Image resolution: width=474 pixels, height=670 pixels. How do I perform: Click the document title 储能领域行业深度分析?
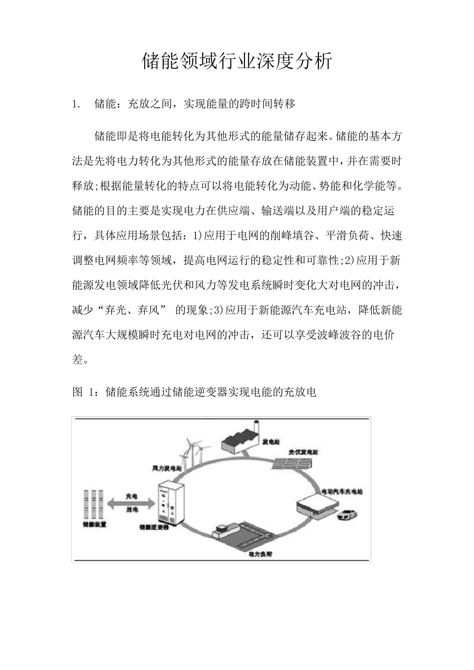click(x=237, y=61)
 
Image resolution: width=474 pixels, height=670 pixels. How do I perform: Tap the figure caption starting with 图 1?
click(x=195, y=392)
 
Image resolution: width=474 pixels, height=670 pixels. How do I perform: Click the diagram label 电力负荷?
click(x=260, y=554)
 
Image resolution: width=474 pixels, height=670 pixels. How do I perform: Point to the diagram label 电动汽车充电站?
click(x=343, y=492)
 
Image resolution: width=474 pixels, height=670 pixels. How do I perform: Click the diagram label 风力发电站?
click(x=167, y=469)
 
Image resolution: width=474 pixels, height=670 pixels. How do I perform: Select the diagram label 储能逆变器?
click(x=154, y=527)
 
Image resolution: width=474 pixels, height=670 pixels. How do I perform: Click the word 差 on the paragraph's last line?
click(x=78, y=359)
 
